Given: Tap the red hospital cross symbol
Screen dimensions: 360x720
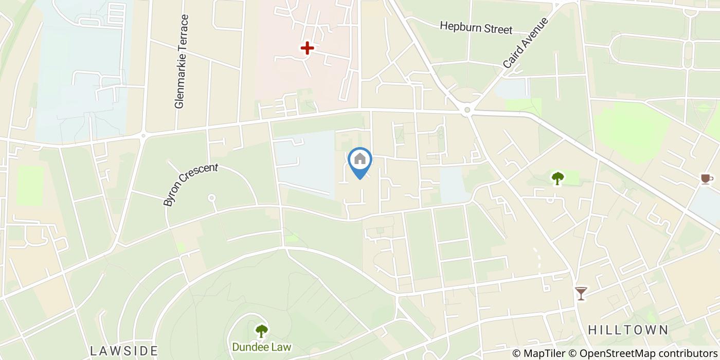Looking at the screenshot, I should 307,48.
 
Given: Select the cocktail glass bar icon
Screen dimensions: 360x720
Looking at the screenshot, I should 581,293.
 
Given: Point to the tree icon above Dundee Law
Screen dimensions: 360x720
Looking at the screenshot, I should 262,330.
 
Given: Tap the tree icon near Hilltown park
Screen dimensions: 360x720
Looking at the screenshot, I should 557,178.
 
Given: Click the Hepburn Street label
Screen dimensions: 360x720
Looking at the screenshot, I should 476,27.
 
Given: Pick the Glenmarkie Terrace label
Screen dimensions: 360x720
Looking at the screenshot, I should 179,61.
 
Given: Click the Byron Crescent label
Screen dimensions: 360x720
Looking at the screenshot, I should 191,185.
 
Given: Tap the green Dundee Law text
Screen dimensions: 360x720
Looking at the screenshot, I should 261,347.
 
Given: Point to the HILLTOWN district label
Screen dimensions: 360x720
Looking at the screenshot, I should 627,330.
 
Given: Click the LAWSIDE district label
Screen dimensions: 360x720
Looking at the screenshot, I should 124,351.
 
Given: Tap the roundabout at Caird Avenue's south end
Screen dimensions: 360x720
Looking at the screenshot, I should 467,110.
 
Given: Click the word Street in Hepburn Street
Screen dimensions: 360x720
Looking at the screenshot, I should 497,29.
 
